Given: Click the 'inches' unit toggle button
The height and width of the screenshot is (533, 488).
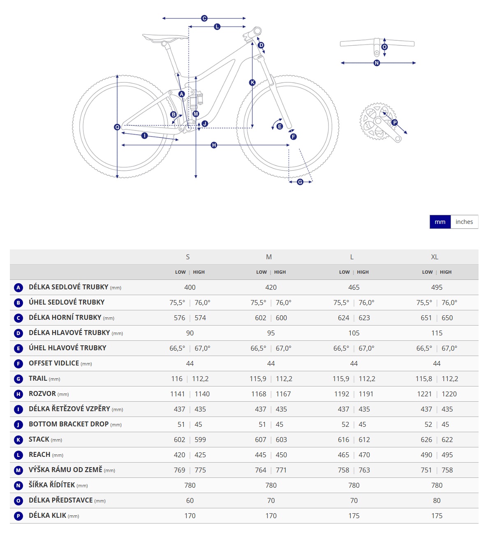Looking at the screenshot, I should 464,222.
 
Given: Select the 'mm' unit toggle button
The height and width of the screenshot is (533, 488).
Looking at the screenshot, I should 440,222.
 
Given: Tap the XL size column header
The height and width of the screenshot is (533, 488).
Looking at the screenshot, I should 435,257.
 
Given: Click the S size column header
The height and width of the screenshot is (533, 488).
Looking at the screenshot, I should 188,257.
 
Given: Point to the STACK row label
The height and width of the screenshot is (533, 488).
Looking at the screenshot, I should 39,440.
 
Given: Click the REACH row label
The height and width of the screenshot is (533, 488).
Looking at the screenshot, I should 39,455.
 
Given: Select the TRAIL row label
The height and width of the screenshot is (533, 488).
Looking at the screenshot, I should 38,379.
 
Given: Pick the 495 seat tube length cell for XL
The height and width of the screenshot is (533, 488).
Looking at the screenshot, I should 437,287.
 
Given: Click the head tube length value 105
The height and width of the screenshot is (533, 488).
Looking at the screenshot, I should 354,333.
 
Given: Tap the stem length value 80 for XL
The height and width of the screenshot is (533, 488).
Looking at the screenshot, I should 437,500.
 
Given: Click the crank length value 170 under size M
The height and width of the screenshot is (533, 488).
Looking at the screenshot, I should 271,516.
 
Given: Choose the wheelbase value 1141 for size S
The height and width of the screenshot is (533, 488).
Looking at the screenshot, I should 178,394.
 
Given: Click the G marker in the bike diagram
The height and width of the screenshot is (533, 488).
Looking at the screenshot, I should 300,182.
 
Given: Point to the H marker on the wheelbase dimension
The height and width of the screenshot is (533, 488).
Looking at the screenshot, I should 214,145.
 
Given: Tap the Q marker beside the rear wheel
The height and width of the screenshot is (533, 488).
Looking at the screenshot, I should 117,127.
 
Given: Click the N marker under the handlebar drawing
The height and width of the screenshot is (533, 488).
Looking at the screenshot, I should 377,63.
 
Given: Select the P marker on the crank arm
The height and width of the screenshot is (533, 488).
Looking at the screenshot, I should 395,123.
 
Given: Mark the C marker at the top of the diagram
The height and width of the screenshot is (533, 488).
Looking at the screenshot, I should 204,19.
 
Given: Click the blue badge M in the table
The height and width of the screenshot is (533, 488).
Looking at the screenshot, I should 18,470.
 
